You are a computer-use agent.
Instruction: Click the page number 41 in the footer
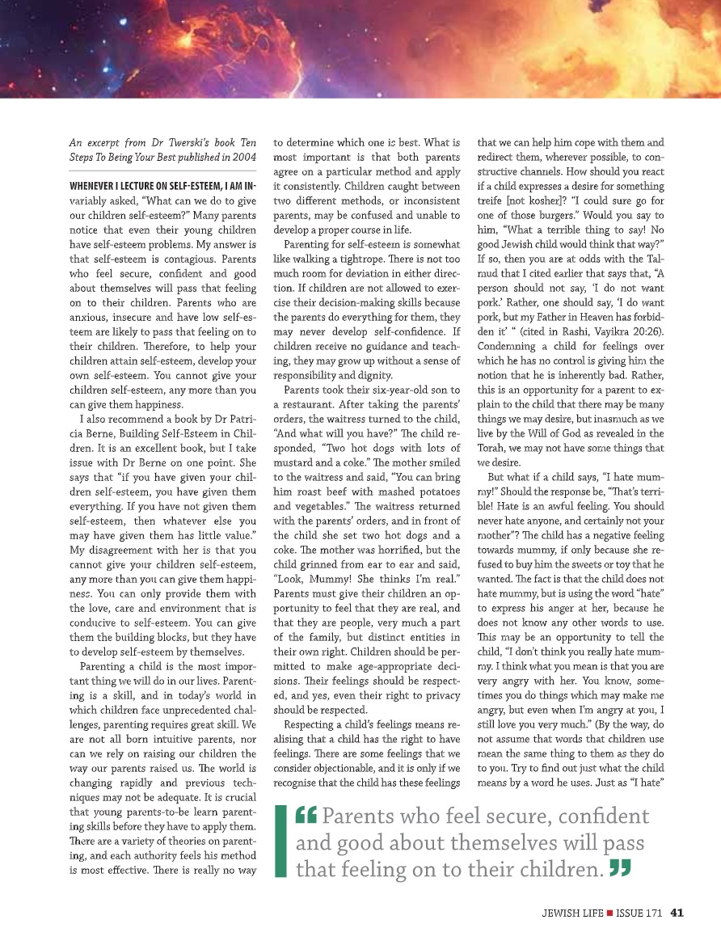pos(677,913)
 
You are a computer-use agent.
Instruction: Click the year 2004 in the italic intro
pos(244,157)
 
